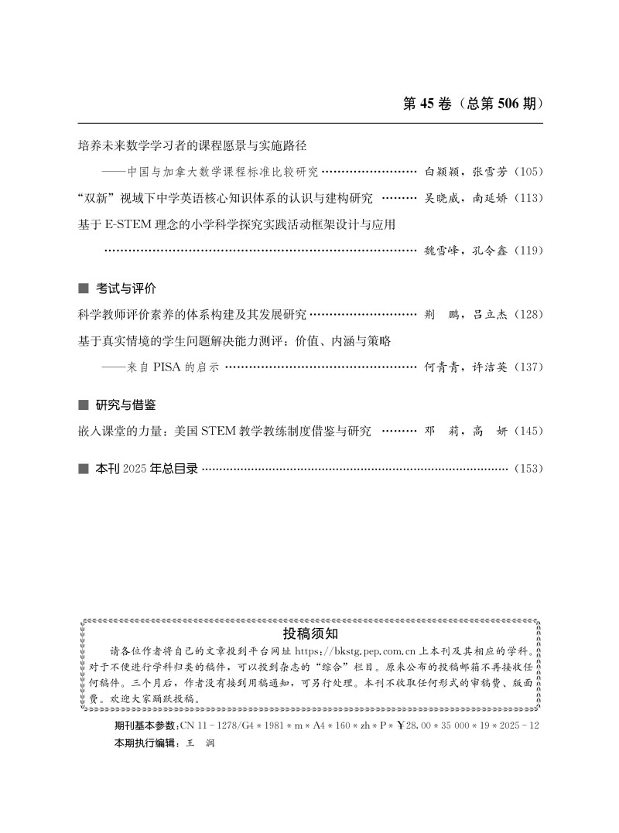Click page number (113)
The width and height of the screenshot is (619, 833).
[x=528, y=199]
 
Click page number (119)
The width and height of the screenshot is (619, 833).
[x=528, y=251]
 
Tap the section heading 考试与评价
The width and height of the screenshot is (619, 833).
[x=126, y=288]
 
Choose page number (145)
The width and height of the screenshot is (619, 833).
[x=528, y=432]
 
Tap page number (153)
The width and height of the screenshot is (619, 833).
[x=528, y=469]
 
